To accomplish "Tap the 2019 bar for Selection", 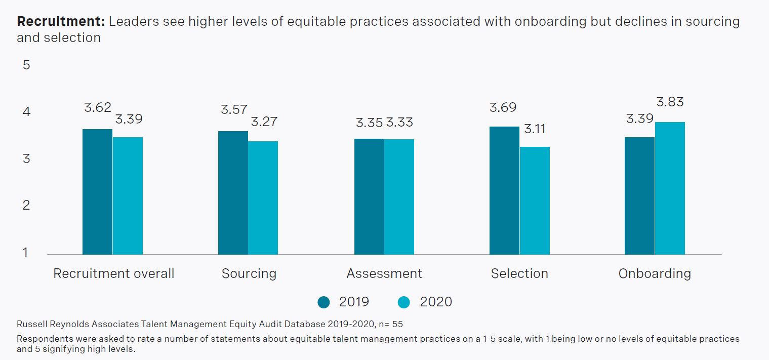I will coord(504,190).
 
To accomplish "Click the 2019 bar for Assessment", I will coord(369,196).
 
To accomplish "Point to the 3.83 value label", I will coord(670,102).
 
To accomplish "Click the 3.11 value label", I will coord(535,129).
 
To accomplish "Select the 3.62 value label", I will coord(98,107).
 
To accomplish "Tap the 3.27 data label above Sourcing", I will coord(264,122).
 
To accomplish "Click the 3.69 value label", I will coord(503,107).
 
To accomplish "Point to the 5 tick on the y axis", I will coord(26,65).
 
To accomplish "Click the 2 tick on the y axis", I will coord(26,205).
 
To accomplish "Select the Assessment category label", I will coord(384,273).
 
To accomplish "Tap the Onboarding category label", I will coord(655,273).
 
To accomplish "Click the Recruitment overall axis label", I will coord(114,273).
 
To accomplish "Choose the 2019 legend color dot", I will coord(324,302).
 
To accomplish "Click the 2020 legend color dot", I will coord(404,302).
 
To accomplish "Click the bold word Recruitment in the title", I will coord(60,22).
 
